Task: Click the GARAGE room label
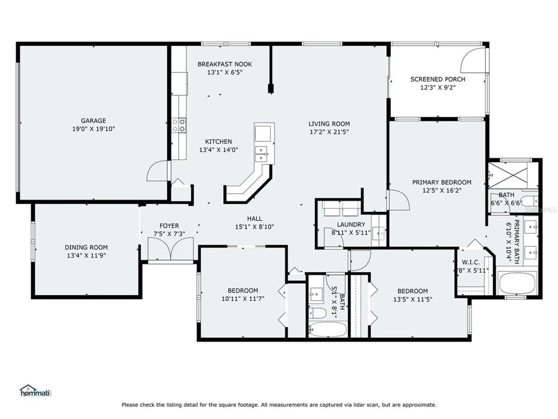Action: pos(93,121)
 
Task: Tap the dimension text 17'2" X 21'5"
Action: pos(329,132)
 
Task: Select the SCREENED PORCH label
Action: pos(437,79)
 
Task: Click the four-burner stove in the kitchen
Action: pos(179,125)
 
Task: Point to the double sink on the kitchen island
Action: pos(261,154)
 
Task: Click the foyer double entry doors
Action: pos(170,249)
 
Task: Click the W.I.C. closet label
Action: pos(471,262)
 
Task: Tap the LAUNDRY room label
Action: pos(351,225)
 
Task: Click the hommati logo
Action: pos(35,391)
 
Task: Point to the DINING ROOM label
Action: pos(86,247)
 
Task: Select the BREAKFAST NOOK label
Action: pos(225,64)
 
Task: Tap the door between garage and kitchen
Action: pos(158,171)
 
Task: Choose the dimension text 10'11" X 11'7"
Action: pos(243,299)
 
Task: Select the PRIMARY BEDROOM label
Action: pos(442,182)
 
